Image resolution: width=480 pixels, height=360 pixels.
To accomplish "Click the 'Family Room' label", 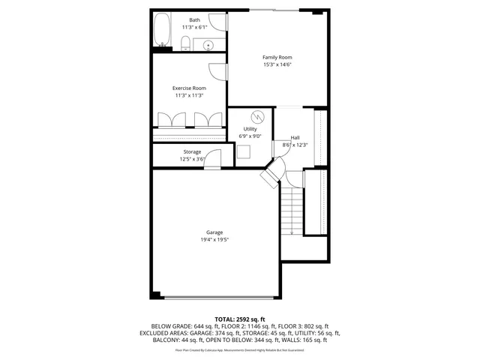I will coord(277,58).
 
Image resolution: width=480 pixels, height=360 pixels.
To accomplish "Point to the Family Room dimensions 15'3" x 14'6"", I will coord(277,65).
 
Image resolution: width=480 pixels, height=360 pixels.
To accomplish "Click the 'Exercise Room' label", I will coord(189,88).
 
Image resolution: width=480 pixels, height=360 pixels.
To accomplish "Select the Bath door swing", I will coord(218,23).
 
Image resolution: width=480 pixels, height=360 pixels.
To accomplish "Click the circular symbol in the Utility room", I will coord(259,117).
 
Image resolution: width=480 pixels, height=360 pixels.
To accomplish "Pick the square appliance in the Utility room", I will coord(244,150).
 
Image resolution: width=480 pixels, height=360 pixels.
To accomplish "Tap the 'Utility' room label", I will coord(250,129).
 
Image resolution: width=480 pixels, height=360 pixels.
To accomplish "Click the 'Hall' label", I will coord(295,137).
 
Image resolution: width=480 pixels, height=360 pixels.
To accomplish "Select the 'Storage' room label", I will coord(192,152).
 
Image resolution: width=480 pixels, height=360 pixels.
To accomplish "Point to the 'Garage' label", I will coord(214,232).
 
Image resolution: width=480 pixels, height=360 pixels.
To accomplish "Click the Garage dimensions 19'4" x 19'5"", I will coord(214,240).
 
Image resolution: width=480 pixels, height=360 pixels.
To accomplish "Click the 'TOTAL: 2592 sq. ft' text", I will coord(239,319).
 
